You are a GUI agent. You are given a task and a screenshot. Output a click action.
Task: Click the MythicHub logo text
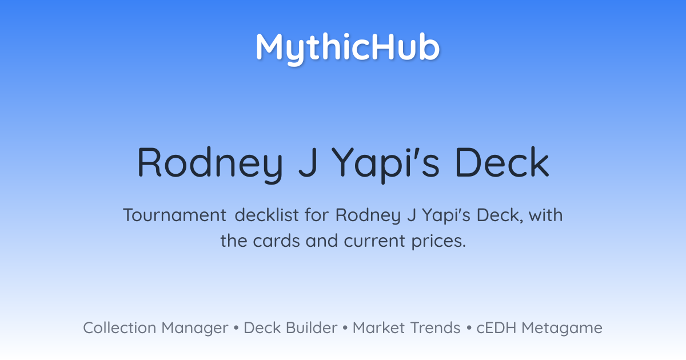coord(348,48)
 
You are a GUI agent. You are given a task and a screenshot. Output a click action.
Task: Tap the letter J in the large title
coord(308,162)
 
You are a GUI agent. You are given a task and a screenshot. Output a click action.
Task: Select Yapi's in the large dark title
coord(386,165)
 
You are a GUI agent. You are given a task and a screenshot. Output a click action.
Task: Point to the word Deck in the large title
coord(502,162)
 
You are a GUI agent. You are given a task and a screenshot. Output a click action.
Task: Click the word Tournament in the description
coord(174,215)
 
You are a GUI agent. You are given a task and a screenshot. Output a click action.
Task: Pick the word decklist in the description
coord(266,215)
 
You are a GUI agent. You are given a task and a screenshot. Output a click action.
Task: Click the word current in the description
coord(374,241)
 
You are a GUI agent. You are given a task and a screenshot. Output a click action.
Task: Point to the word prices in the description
coord(438,242)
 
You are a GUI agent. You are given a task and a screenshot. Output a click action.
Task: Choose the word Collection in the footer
coord(119,327)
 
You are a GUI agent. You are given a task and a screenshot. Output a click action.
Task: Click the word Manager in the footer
coord(195,329)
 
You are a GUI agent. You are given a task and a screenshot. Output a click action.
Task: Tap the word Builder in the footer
coord(312,327)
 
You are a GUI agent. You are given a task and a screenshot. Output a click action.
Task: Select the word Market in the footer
coord(378,327)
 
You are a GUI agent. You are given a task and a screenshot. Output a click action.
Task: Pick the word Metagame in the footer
coord(562,329)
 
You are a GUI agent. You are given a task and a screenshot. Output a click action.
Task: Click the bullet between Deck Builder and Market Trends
coord(345,328)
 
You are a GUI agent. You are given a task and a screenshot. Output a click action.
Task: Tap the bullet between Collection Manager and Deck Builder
coord(236,328)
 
